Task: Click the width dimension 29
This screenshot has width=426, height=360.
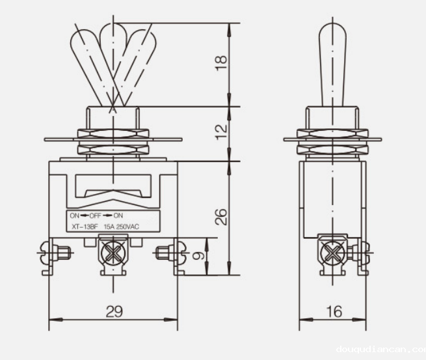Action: tap(114, 311)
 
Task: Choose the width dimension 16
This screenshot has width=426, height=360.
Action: tap(334, 311)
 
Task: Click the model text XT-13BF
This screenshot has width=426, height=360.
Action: tap(84, 226)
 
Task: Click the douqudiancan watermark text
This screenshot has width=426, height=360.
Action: tap(380, 350)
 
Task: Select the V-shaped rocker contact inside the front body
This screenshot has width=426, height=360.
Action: tap(113, 191)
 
